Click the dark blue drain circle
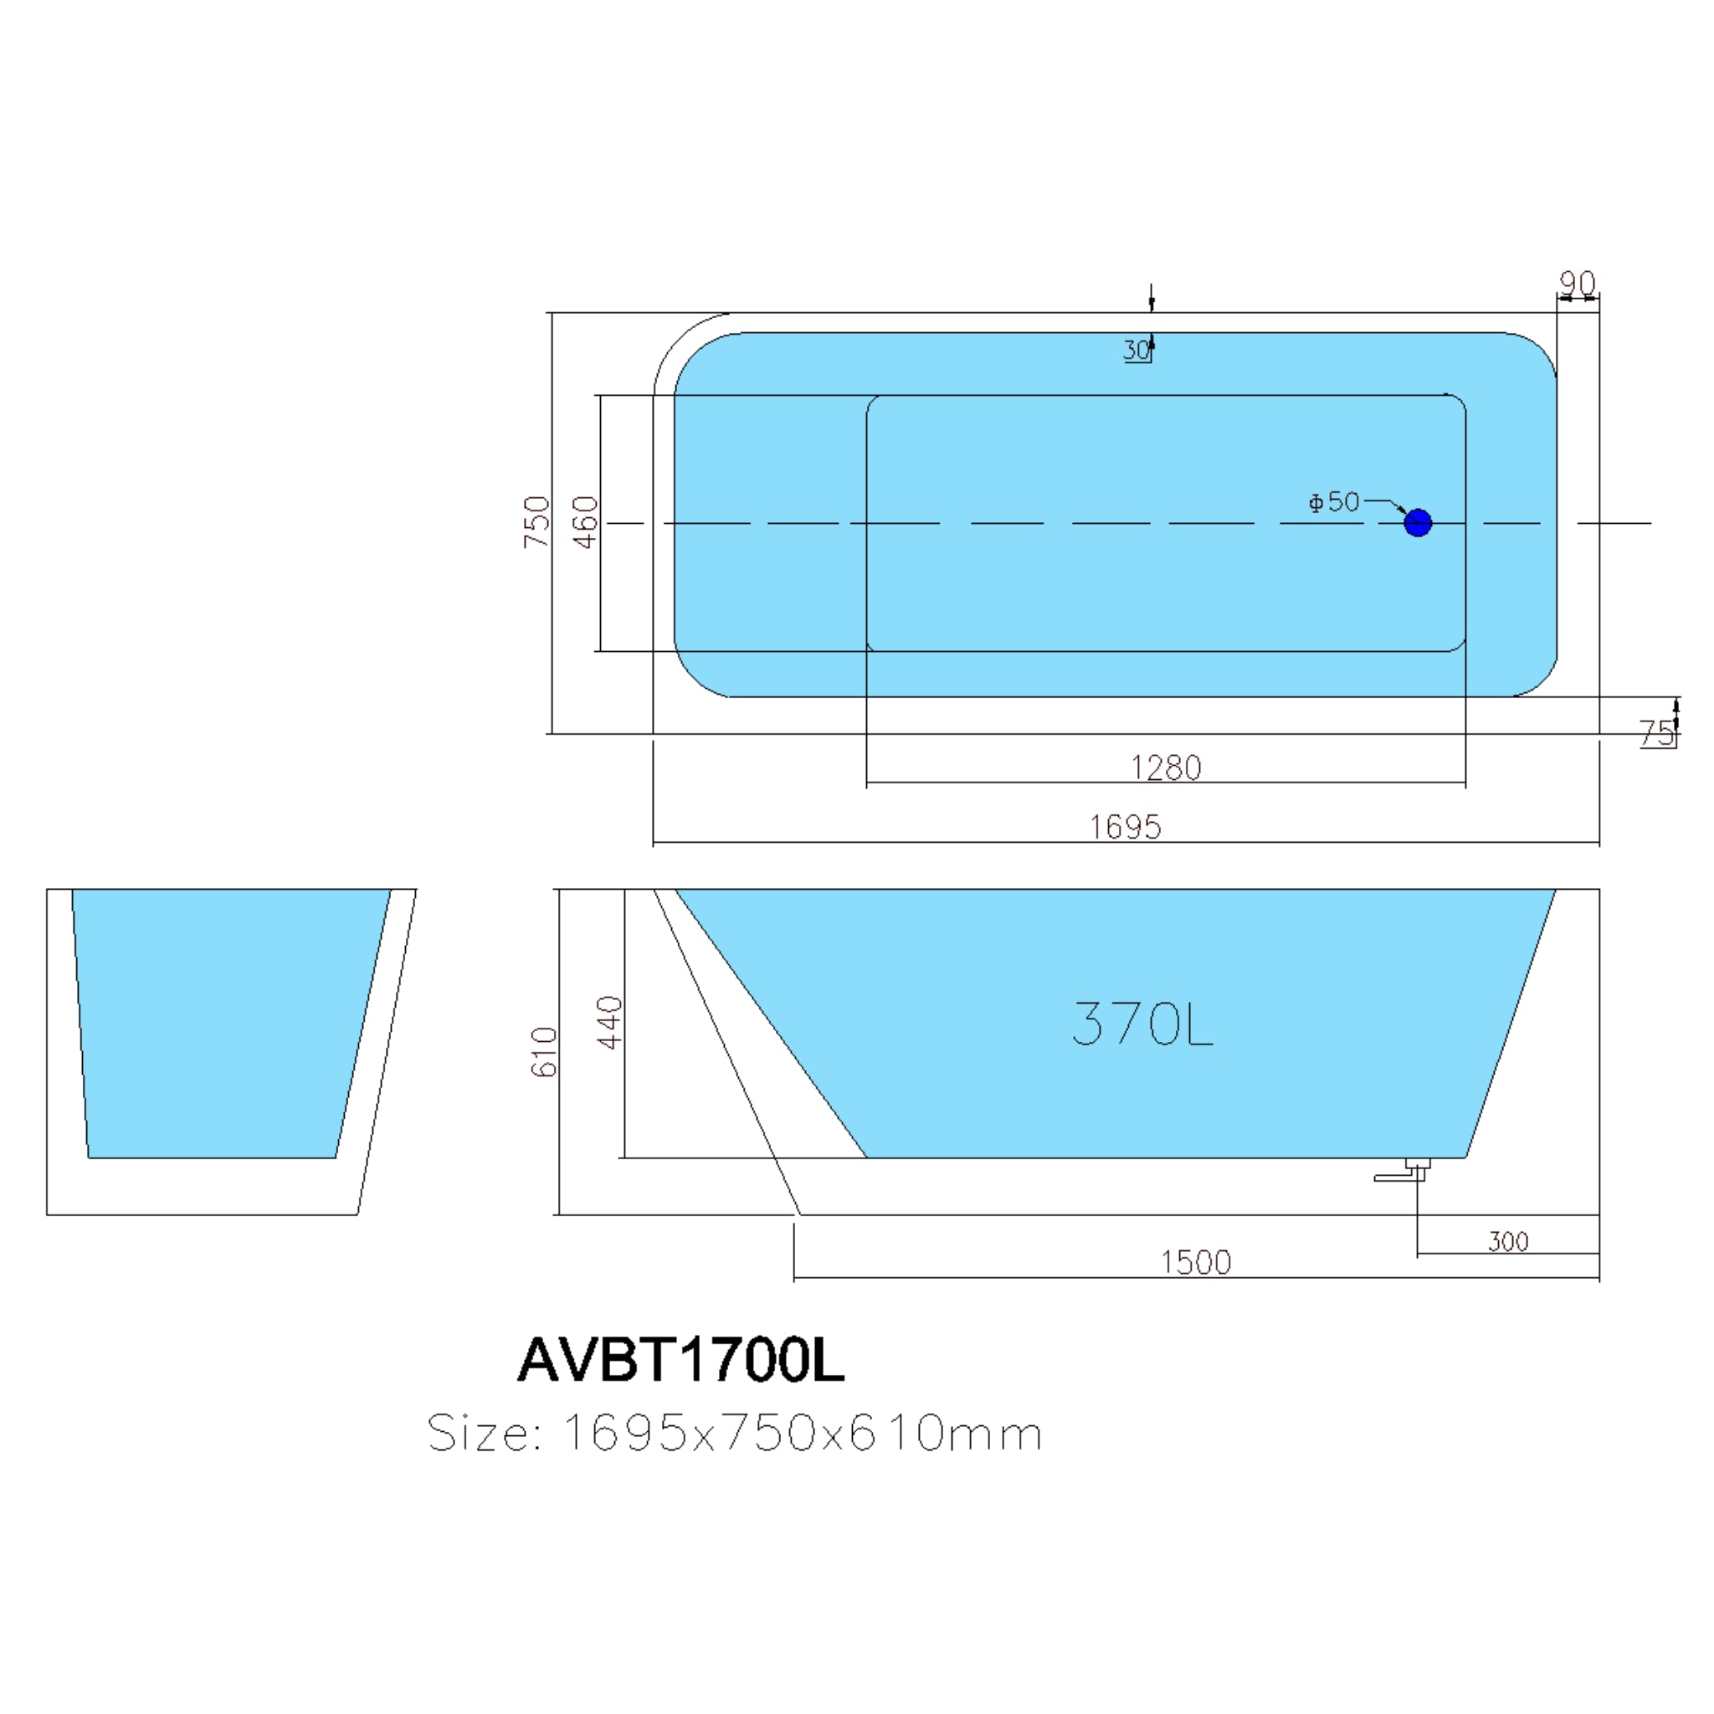click(x=1418, y=522)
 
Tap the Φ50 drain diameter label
click(x=1334, y=502)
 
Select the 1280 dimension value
click(x=1166, y=767)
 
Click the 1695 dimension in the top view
click(x=1125, y=827)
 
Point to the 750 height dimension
click(x=537, y=521)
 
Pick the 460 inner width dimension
click(x=586, y=521)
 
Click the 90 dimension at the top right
click(x=1578, y=283)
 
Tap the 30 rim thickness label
click(x=1137, y=351)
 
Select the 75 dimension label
click(x=1655, y=733)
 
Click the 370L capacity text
click(x=1142, y=1024)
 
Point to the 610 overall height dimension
click(x=544, y=1052)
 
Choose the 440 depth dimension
click(x=610, y=1022)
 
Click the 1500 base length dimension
click(x=1196, y=1261)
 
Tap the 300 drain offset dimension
click(x=1508, y=1241)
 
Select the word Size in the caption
click(x=484, y=1433)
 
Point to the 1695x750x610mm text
click(x=802, y=1433)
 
